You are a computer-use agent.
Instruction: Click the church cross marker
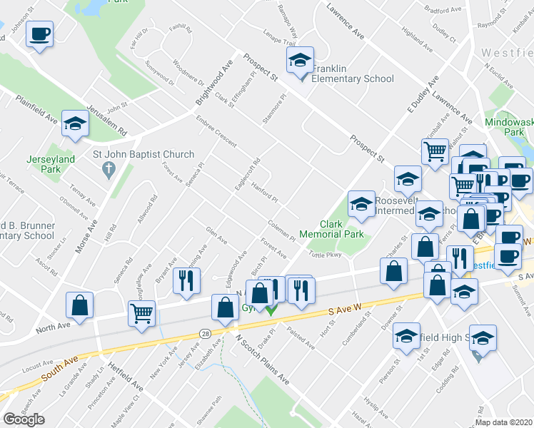pyautogui.click(x=108, y=170)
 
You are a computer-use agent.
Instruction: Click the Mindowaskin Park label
pyautogui.click(x=508, y=127)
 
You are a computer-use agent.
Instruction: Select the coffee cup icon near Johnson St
pyautogui.click(x=39, y=34)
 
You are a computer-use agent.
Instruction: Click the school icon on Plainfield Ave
pyautogui.click(x=75, y=123)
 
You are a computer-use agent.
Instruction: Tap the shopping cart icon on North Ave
pyautogui.click(x=142, y=312)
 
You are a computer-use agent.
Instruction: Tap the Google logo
pyautogui.click(x=24, y=419)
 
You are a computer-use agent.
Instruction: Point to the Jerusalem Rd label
pyautogui.click(x=112, y=118)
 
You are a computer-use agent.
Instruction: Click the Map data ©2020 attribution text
pyautogui.click(x=503, y=422)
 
